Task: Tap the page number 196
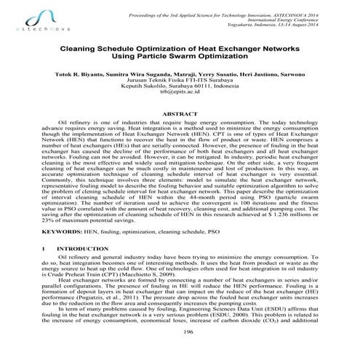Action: (x=180, y=350)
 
